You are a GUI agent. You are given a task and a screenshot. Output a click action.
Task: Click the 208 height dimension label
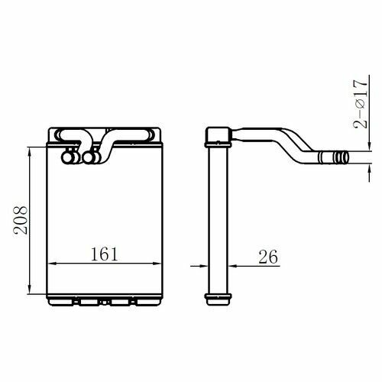pos(21,220)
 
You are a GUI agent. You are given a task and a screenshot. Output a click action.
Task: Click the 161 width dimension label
pos(105,254)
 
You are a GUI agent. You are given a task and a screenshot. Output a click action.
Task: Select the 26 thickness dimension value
pos(268,257)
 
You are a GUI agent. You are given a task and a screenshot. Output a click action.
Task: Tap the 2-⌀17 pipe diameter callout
pos(361,104)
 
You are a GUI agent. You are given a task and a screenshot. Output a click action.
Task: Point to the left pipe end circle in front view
pos(67,158)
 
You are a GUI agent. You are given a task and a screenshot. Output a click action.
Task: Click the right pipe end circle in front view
pos(89,158)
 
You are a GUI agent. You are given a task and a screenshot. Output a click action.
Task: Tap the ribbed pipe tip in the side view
pos(342,157)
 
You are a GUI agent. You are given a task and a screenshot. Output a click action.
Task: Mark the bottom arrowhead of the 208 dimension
pos(30,288)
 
